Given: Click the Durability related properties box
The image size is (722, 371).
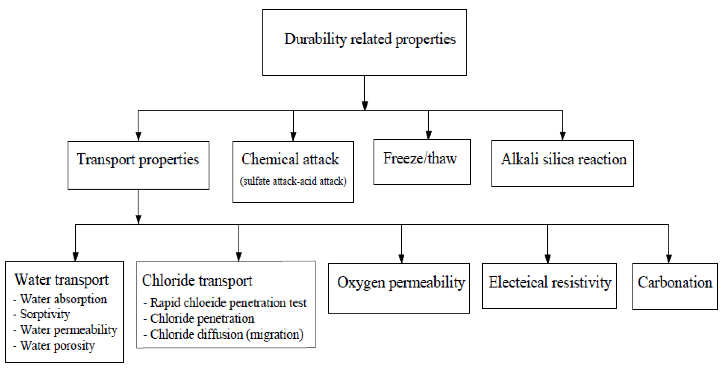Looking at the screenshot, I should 364,42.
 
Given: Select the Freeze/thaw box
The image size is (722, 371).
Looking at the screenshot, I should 422,162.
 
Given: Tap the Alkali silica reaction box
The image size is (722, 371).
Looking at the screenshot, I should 563,163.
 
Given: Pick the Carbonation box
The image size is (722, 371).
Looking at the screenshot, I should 675,286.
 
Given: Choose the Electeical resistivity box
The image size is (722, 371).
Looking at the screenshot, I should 549,286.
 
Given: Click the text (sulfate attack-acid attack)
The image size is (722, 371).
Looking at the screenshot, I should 293,181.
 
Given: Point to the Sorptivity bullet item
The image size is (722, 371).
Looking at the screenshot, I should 45,314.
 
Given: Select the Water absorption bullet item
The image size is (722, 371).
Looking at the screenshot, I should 63,299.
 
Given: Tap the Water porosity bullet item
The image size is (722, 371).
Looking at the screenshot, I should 58,346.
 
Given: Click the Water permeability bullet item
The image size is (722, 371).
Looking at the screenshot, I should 69,330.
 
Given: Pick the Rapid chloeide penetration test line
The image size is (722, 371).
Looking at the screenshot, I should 228,303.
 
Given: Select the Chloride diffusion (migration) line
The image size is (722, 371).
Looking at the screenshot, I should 227,334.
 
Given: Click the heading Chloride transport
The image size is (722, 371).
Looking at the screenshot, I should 197,281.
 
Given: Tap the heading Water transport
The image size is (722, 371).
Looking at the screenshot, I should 61,280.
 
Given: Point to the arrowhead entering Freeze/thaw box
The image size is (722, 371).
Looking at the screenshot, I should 428,135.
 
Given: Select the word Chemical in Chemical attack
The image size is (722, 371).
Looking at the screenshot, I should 270,159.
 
